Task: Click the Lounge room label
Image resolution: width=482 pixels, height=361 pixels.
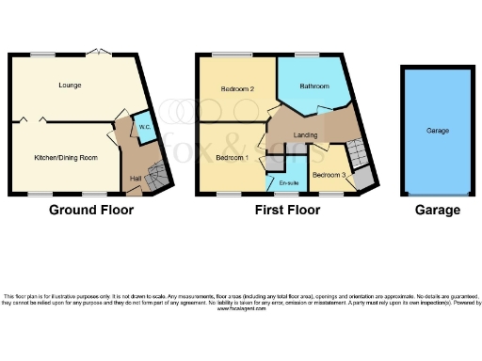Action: (x=68, y=86)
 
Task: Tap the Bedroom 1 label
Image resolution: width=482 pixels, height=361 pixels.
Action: (x=233, y=157)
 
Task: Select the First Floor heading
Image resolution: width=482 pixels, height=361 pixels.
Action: (x=288, y=210)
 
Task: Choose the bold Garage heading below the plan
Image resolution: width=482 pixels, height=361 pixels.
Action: (x=438, y=210)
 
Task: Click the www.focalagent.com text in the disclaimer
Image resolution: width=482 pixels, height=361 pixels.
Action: (x=240, y=308)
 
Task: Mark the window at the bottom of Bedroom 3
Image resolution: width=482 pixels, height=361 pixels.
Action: (x=331, y=194)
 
